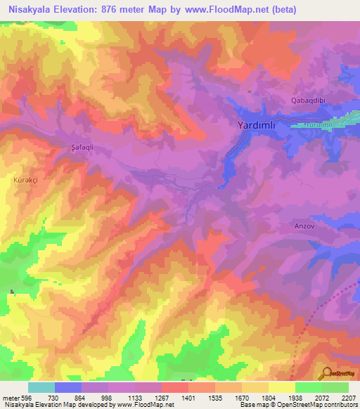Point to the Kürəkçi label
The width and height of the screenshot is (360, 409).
click(x=25, y=181)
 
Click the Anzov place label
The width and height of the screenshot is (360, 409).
click(x=302, y=227)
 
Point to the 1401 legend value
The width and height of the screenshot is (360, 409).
click(x=188, y=397)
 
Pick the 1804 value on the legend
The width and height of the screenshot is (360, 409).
click(x=268, y=397)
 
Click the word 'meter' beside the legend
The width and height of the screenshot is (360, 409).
click(x=10, y=397)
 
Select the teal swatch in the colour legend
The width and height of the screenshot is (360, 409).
click(x=41, y=387)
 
